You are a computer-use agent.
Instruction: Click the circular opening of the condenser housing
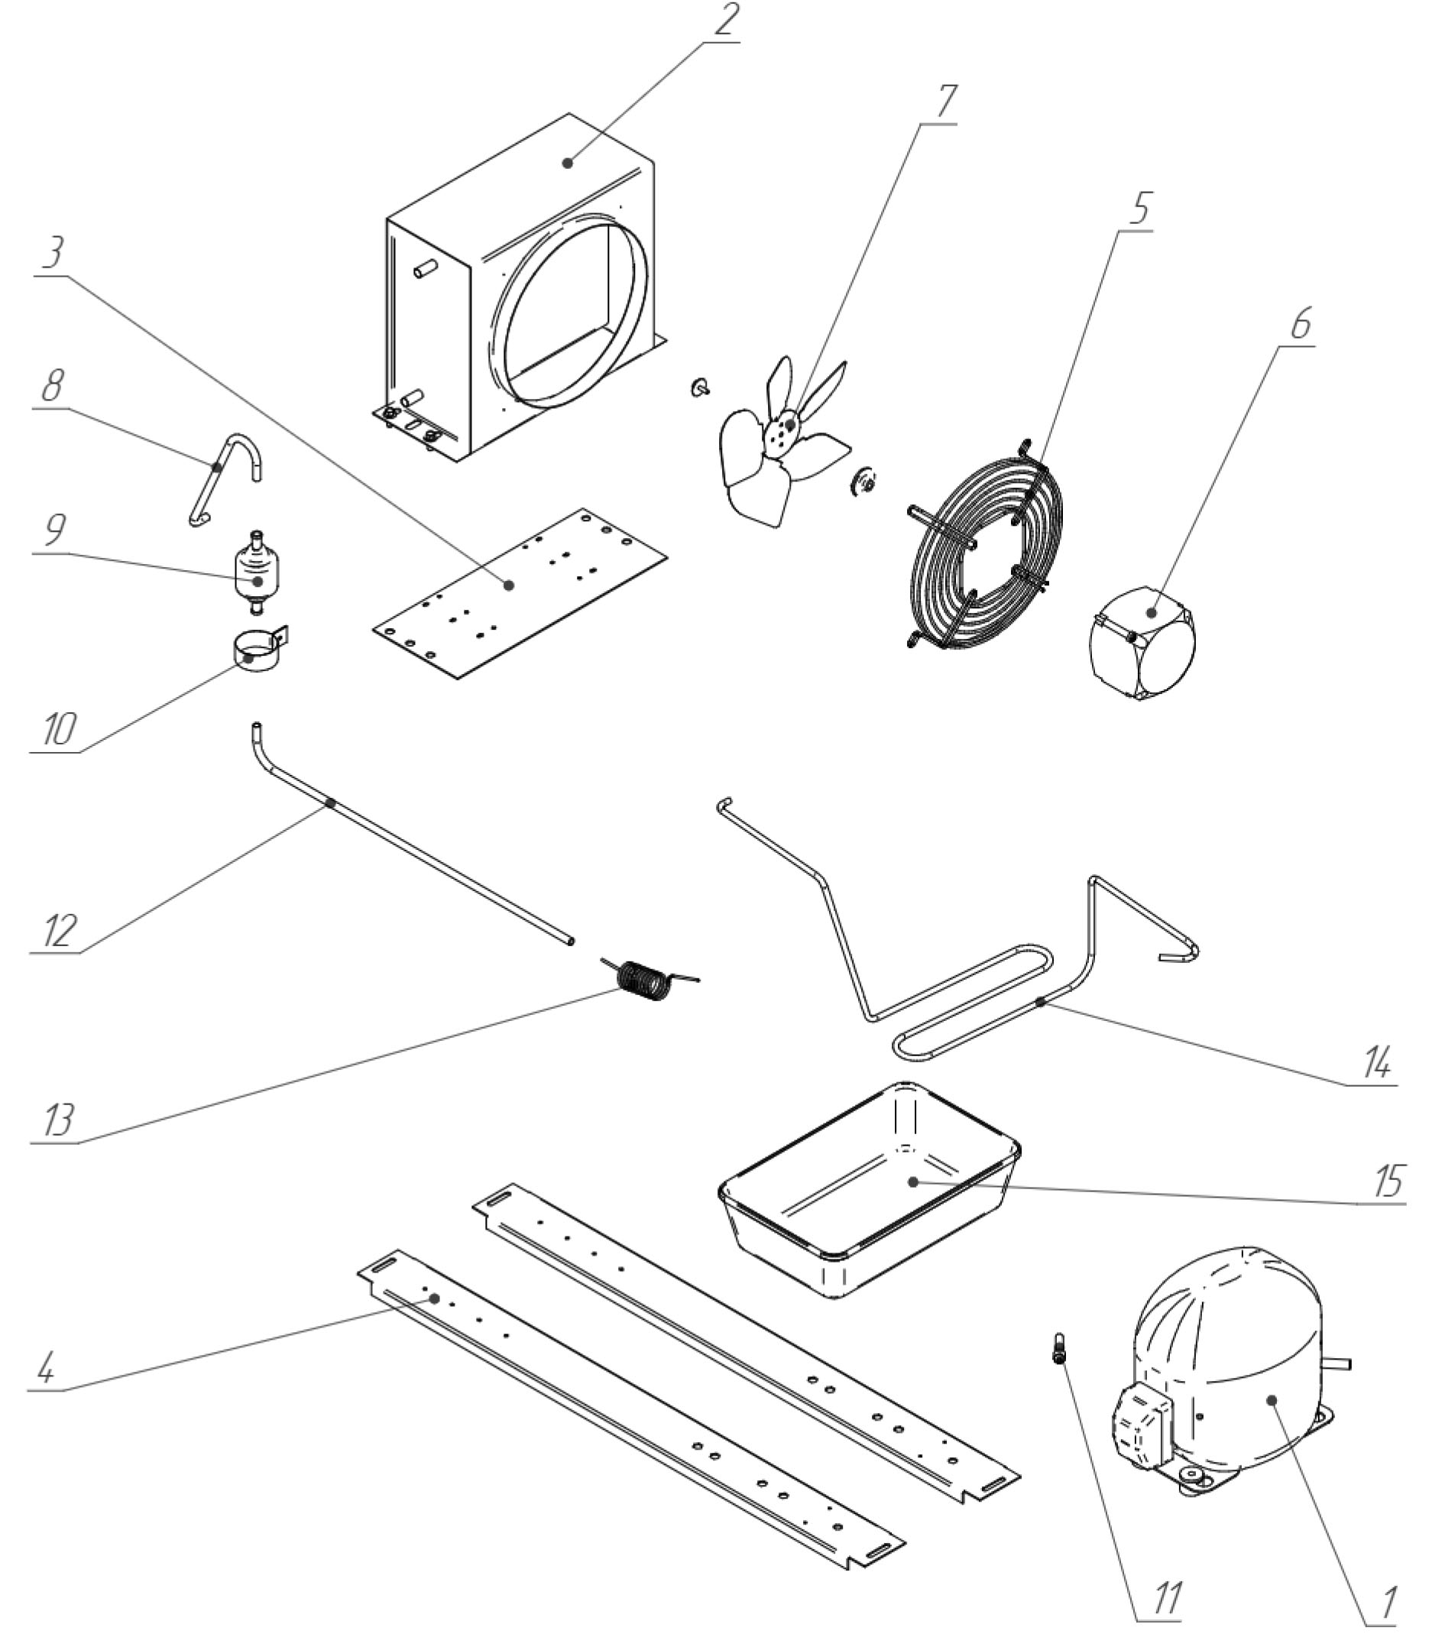[570, 314]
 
